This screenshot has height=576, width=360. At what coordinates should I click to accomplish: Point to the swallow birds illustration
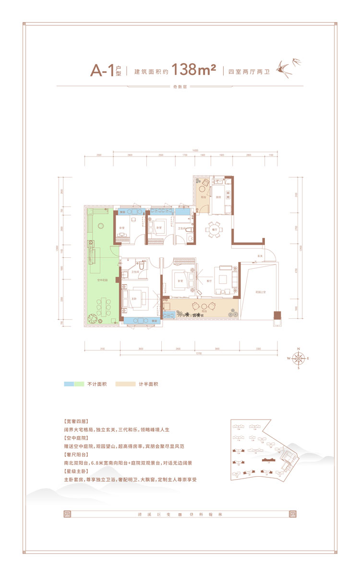point(286,68)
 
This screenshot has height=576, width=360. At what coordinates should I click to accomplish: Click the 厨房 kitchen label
point(218,197)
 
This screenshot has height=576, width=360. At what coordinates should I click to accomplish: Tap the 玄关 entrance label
point(260,256)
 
